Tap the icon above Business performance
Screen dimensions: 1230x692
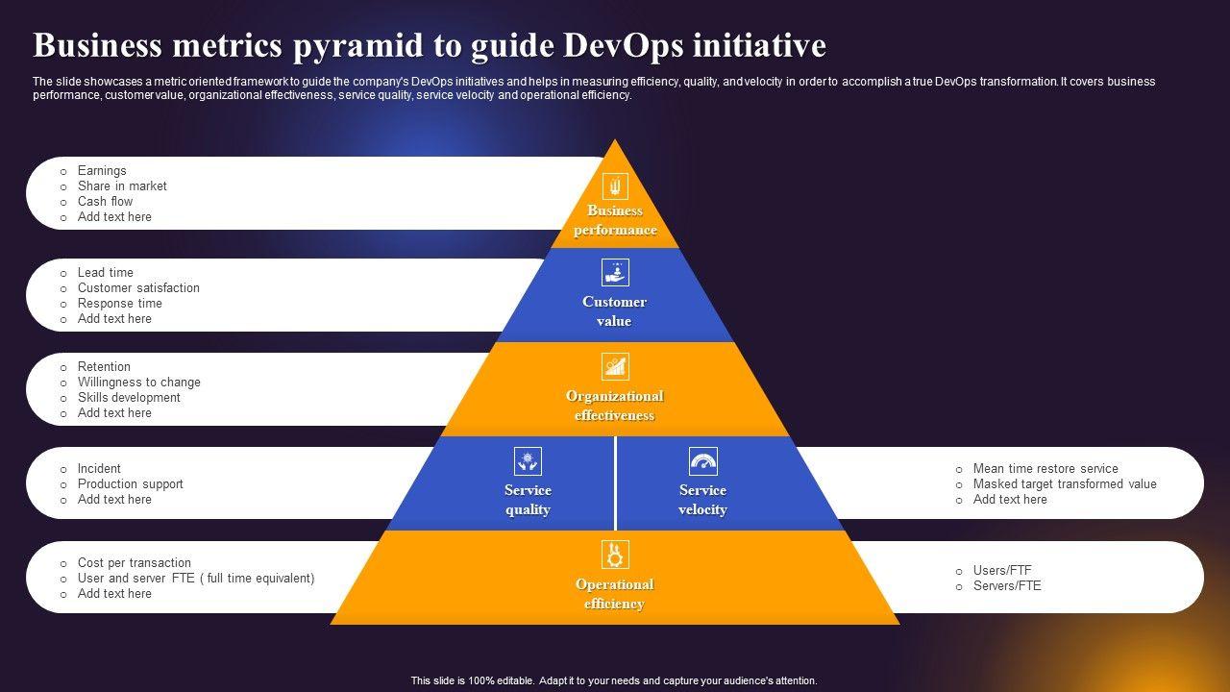(x=615, y=186)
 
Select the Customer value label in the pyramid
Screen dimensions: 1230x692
(x=614, y=311)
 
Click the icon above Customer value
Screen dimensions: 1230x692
(x=615, y=272)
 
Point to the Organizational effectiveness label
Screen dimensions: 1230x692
(x=614, y=406)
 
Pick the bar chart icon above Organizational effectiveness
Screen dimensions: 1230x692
(x=615, y=366)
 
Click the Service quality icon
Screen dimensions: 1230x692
(x=528, y=460)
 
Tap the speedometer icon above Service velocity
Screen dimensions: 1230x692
(x=703, y=460)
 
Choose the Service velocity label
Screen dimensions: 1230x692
(x=702, y=500)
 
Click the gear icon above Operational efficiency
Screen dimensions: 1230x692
(x=615, y=555)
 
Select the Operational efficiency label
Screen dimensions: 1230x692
(x=614, y=594)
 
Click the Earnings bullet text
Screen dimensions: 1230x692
(x=102, y=171)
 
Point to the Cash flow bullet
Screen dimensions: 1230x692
(x=105, y=202)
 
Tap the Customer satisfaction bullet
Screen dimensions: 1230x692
(x=138, y=288)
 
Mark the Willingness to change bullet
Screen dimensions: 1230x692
(x=138, y=383)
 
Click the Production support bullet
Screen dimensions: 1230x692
(x=130, y=484)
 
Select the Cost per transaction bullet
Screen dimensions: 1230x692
(x=134, y=563)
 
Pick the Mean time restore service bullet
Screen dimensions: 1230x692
(x=1045, y=469)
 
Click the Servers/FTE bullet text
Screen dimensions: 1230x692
(x=1006, y=586)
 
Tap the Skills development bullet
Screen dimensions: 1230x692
(x=129, y=398)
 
